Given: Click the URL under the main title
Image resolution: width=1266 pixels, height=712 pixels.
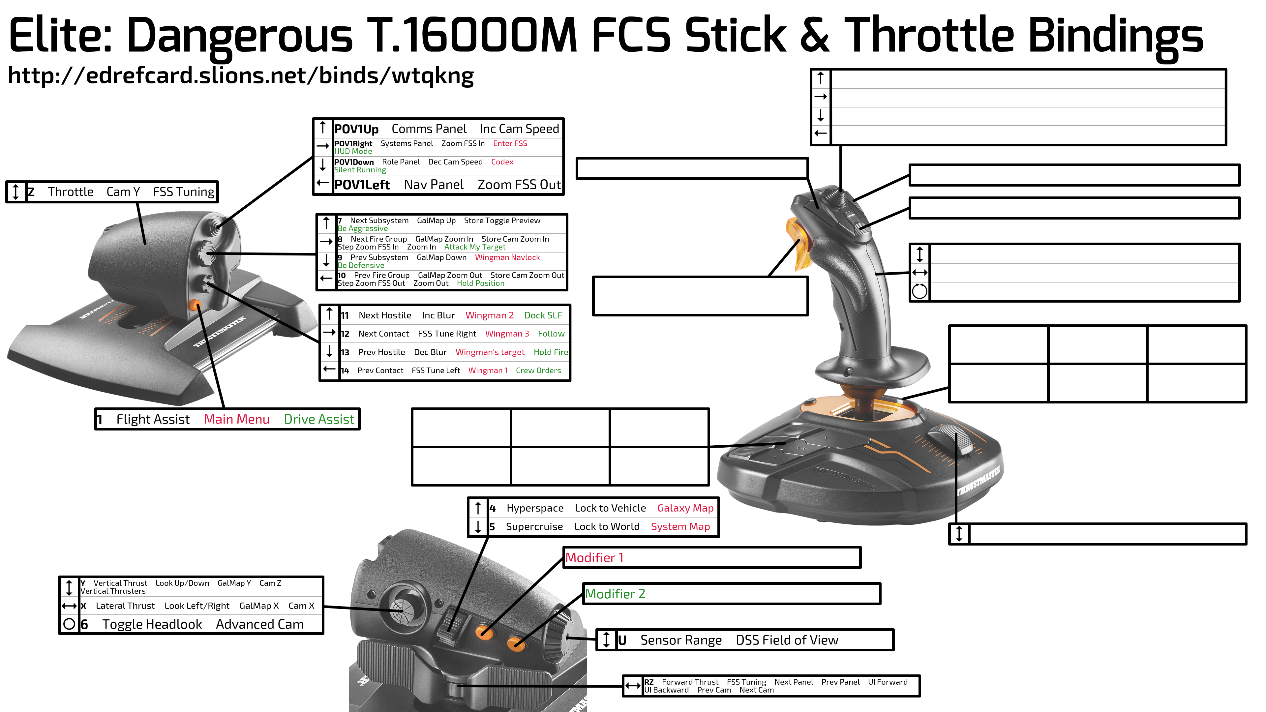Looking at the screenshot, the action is click(241, 76).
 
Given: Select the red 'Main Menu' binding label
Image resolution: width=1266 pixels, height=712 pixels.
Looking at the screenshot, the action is click(236, 419).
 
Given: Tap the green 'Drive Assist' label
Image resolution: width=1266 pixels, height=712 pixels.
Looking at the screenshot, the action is click(319, 419).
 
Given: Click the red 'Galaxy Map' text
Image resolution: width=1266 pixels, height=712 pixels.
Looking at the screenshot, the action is click(685, 508).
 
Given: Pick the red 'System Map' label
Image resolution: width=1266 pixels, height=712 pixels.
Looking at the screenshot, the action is click(680, 526).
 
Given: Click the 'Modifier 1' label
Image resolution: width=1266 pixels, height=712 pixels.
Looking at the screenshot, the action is click(594, 558).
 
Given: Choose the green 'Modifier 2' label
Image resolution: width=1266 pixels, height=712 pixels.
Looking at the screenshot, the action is click(615, 594).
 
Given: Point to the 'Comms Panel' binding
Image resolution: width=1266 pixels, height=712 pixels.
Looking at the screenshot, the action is click(429, 129).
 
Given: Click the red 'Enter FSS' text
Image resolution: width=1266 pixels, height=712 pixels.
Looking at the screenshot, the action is click(510, 143).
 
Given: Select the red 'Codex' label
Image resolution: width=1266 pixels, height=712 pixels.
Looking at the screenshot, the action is click(502, 162).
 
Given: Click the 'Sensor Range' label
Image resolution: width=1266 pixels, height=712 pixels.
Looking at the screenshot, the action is click(681, 640).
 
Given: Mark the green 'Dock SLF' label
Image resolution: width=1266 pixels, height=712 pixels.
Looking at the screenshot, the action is click(543, 315).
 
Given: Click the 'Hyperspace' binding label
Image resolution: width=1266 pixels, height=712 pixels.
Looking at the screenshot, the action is click(535, 508).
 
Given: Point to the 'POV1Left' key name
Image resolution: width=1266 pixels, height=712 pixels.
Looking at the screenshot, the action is click(362, 185).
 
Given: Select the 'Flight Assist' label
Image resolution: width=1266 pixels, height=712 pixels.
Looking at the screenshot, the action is click(153, 419).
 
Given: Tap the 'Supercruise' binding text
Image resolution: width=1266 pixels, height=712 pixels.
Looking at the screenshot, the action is click(534, 526).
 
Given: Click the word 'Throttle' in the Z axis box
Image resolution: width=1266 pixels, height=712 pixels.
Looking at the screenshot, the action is click(70, 192).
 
